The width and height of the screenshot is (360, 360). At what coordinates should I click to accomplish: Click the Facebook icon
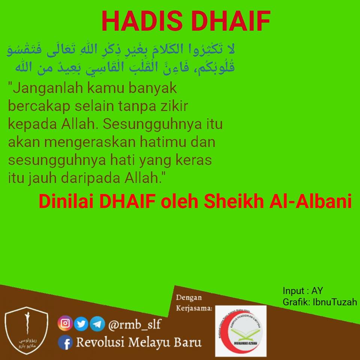pyautogui.click(x=65, y=342)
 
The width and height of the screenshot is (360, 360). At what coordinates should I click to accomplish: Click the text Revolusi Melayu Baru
pyautogui.click(x=138, y=342)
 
